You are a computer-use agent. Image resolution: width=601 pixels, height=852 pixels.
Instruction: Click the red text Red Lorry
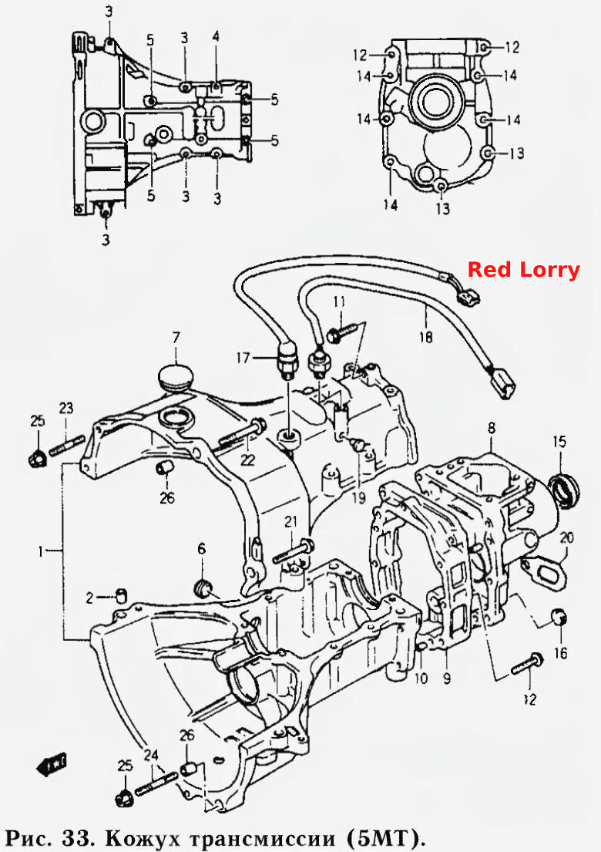pyautogui.click(x=524, y=270)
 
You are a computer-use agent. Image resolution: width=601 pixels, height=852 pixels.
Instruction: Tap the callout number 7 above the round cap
pyautogui.click(x=176, y=338)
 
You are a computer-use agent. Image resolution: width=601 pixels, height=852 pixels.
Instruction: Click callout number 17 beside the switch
pyautogui.click(x=243, y=358)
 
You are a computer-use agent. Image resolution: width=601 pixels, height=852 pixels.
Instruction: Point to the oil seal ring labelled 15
pyautogui.click(x=565, y=490)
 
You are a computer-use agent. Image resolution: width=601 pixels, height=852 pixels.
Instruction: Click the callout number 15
pyautogui.click(x=559, y=441)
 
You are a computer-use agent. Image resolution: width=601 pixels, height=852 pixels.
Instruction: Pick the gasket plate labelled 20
pyautogui.click(x=545, y=576)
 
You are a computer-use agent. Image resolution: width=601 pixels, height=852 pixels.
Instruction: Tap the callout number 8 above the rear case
pyautogui.click(x=492, y=428)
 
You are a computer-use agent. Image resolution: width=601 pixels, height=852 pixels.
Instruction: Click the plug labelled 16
pyautogui.click(x=559, y=618)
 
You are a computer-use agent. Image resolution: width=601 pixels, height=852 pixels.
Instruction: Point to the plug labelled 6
pyautogui.click(x=205, y=588)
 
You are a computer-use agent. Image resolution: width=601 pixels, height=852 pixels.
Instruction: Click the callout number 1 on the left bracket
pyautogui.click(x=41, y=551)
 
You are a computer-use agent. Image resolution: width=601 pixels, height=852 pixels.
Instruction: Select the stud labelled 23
pyautogui.click(x=67, y=444)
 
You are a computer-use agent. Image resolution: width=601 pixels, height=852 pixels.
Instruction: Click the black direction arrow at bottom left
pyautogui.click(x=52, y=764)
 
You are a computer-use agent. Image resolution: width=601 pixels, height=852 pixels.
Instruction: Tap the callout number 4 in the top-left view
pyautogui.click(x=216, y=37)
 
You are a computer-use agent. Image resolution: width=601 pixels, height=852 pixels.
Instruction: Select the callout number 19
pyautogui.click(x=359, y=496)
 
